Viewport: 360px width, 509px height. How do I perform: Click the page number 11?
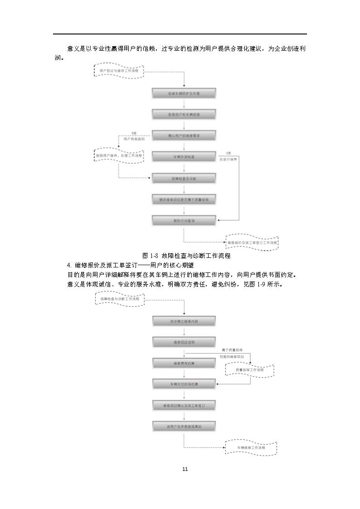pos(185,469)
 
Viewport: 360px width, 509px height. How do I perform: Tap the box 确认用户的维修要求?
pos(184,136)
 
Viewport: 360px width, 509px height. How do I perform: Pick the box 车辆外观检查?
pos(184,157)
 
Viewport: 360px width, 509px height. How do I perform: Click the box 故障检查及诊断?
pos(184,179)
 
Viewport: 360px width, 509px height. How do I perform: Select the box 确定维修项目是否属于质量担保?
pos(184,199)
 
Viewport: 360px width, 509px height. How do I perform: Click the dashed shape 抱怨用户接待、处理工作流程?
pos(119,155)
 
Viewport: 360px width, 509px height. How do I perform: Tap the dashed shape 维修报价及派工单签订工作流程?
pos(252,242)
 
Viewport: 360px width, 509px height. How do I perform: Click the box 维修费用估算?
pos(184,364)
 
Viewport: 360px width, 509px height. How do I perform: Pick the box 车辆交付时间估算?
pos(184,384)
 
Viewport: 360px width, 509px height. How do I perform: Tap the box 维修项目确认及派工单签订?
pos(184,406)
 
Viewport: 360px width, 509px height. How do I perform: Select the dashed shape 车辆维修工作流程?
pos(251,447)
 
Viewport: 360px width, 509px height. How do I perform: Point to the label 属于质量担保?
pos(233,350)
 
